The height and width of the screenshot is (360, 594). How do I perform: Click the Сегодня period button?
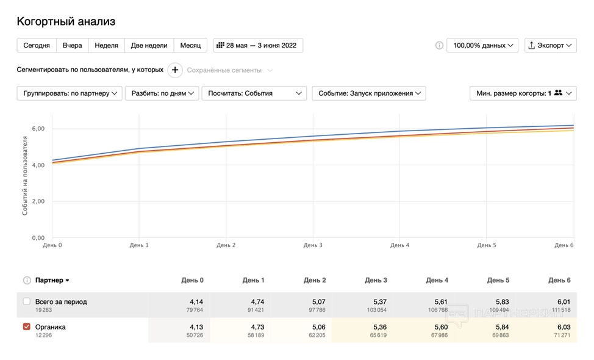coord(37,46)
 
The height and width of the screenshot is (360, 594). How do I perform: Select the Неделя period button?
coord(107,46)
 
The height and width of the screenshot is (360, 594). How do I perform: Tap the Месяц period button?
coord(190,46)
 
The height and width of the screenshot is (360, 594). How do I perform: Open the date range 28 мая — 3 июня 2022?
coord(258,46)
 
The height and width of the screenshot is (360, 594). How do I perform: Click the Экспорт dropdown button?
coord(550,46)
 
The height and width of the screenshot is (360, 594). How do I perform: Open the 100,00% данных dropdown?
coord(482,46)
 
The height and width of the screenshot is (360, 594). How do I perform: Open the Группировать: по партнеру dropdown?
coord(70,93)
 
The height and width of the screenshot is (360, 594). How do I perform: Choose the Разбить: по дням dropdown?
coord(162,93)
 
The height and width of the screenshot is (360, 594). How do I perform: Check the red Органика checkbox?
coord(26,327)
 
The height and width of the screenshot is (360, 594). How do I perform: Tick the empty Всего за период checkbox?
coord(26,301)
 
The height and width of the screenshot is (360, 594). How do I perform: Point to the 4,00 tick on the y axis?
coord(38,165)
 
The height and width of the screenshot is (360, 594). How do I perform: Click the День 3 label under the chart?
coord(313,245)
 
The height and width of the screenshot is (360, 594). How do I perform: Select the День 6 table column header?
coord(559,281)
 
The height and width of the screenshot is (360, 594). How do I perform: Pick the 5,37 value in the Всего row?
coord(379,301)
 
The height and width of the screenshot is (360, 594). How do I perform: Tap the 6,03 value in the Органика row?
coord(563,327)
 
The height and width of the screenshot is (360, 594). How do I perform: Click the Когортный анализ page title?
coord(66,22)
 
